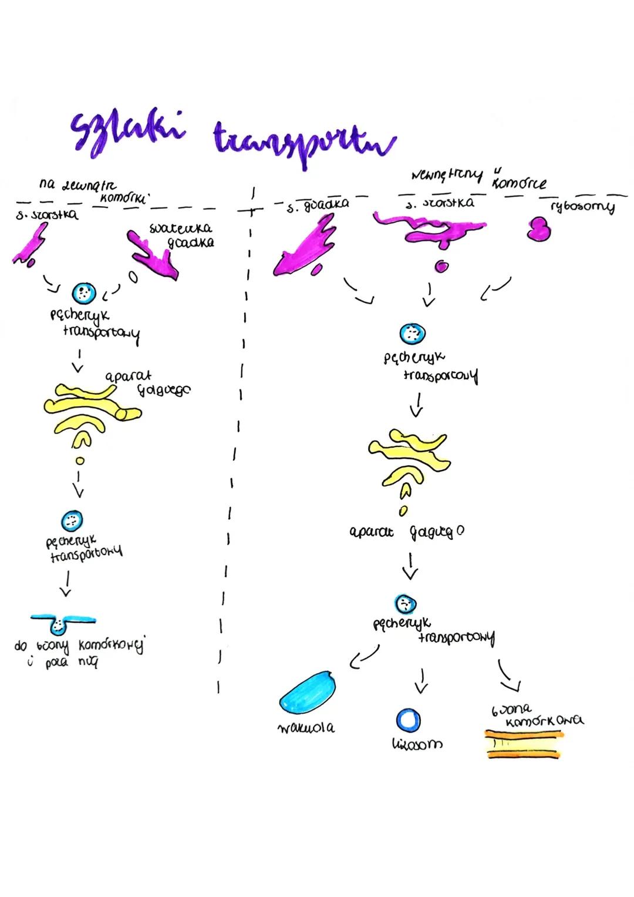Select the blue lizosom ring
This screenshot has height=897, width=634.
point(408,720)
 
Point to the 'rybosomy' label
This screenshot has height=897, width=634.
point(583,207)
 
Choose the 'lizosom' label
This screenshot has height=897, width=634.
point(417,744)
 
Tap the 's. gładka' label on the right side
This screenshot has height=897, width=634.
point(317,204)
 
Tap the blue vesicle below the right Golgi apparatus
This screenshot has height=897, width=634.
point(405,604)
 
